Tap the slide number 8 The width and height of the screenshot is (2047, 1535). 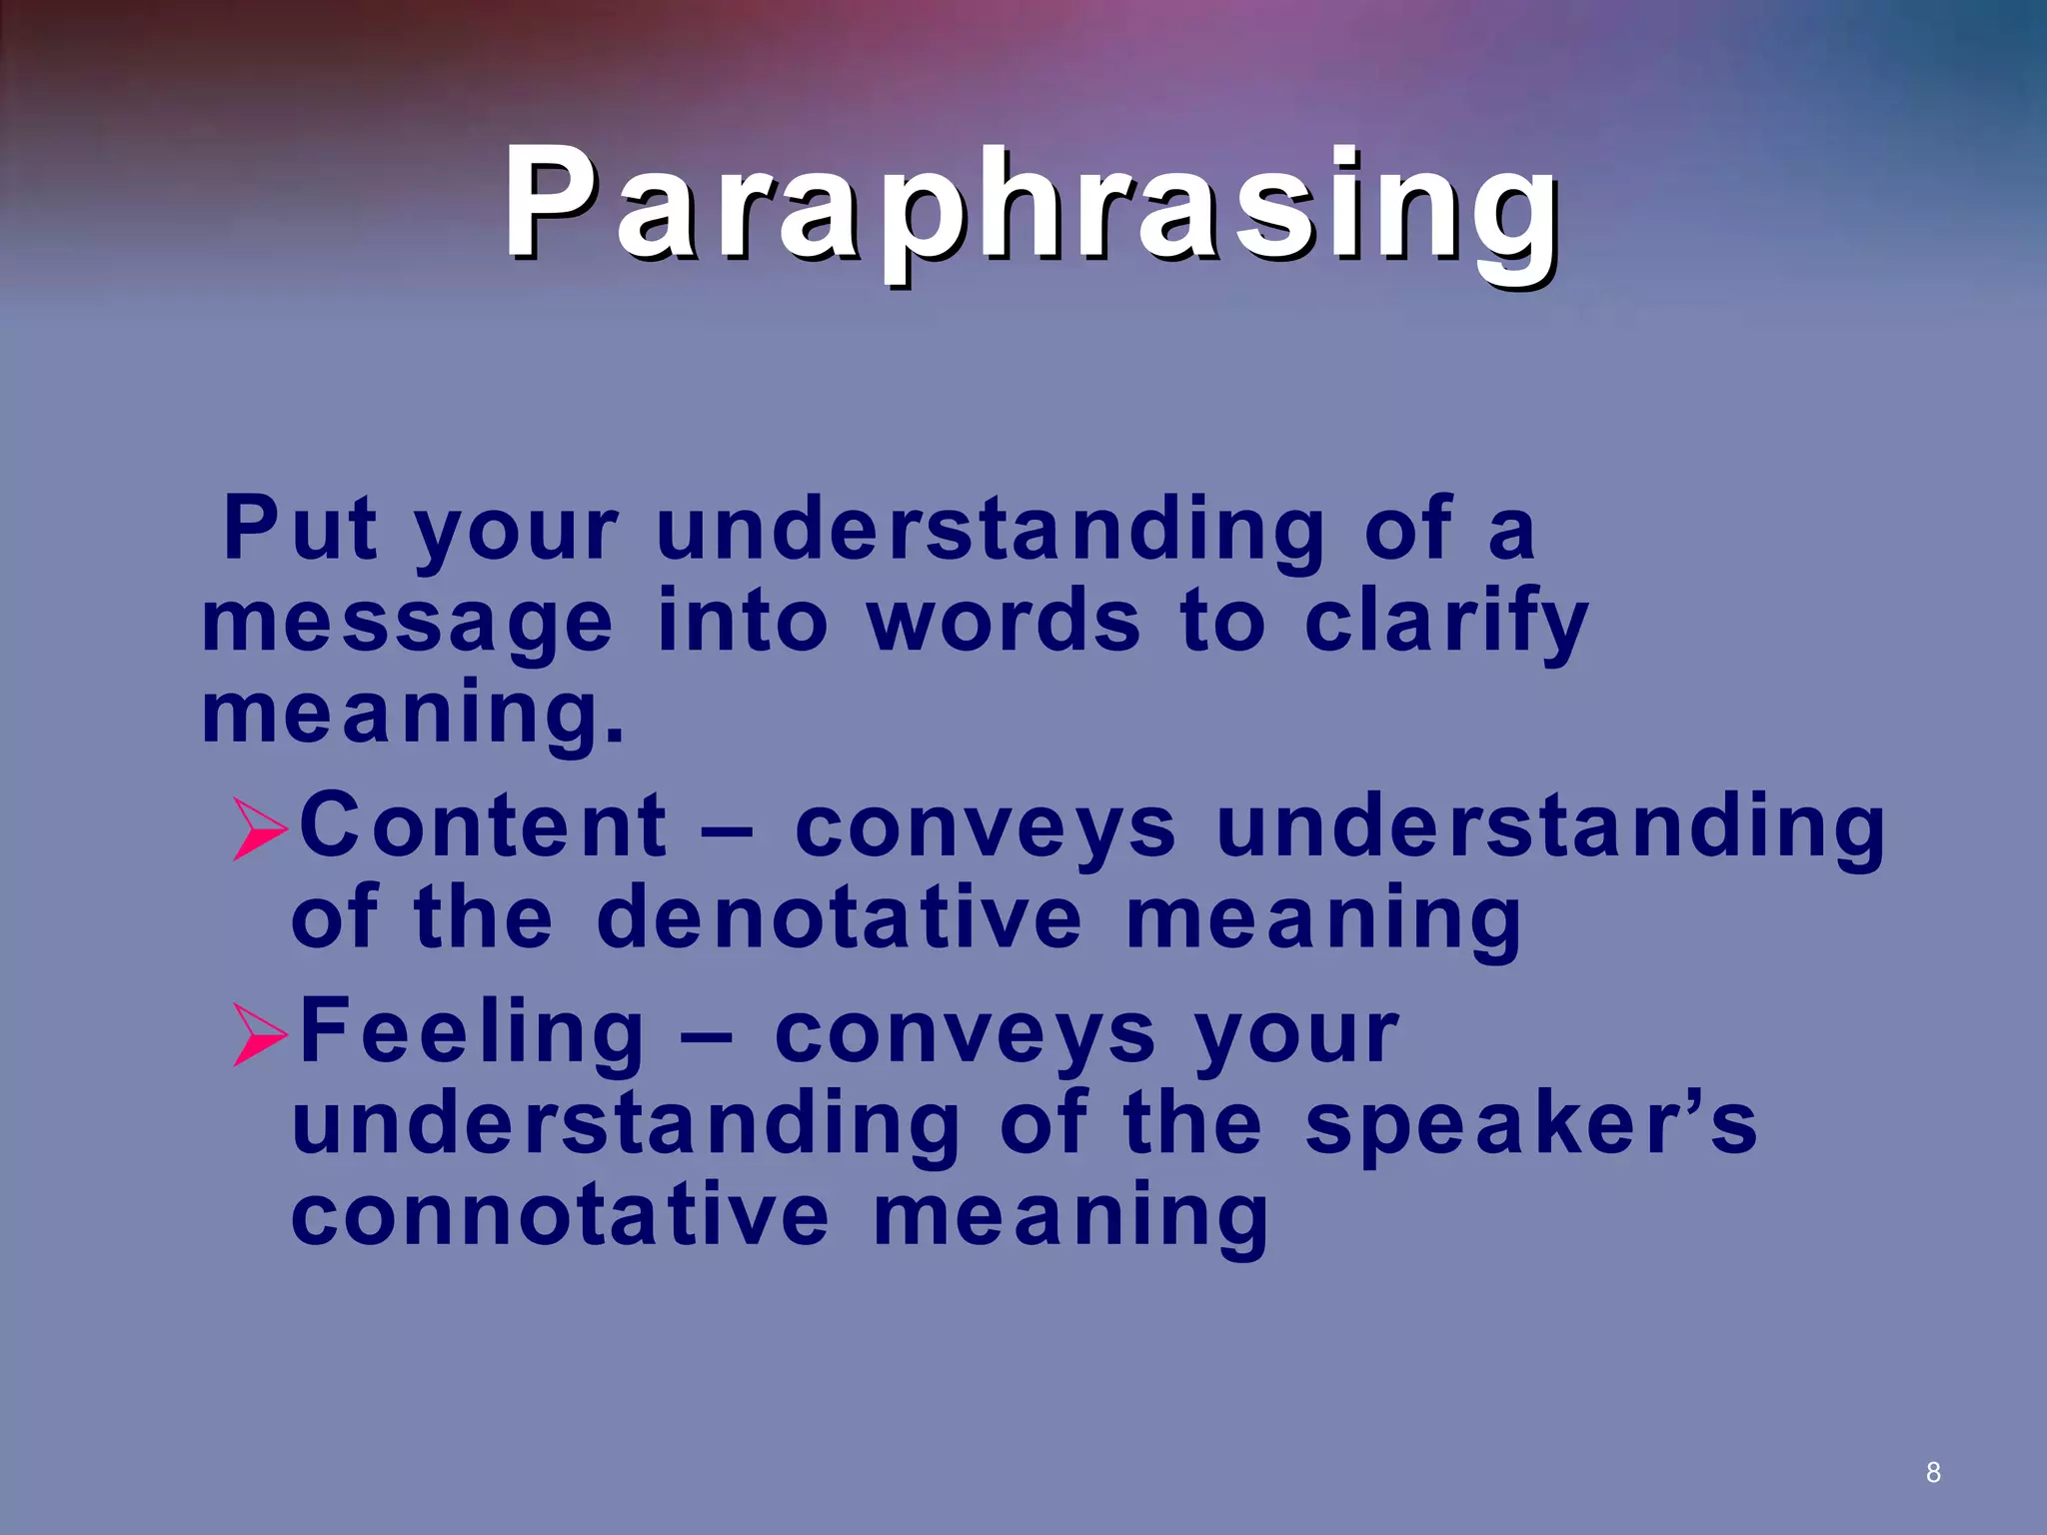[x=1933, y=1472]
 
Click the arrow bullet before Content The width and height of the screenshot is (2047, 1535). [x=260, y=828]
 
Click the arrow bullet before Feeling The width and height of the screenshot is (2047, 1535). [x=260, y=1034]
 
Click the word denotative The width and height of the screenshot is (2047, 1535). [x=839, y=918]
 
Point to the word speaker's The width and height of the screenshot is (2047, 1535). [x=1530, y=1124]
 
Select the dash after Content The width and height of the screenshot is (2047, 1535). [x=727, y=829]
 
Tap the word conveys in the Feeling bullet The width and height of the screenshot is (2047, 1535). [x=965, y=1034]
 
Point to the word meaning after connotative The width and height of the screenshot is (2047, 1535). [x=1070, y=1218]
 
